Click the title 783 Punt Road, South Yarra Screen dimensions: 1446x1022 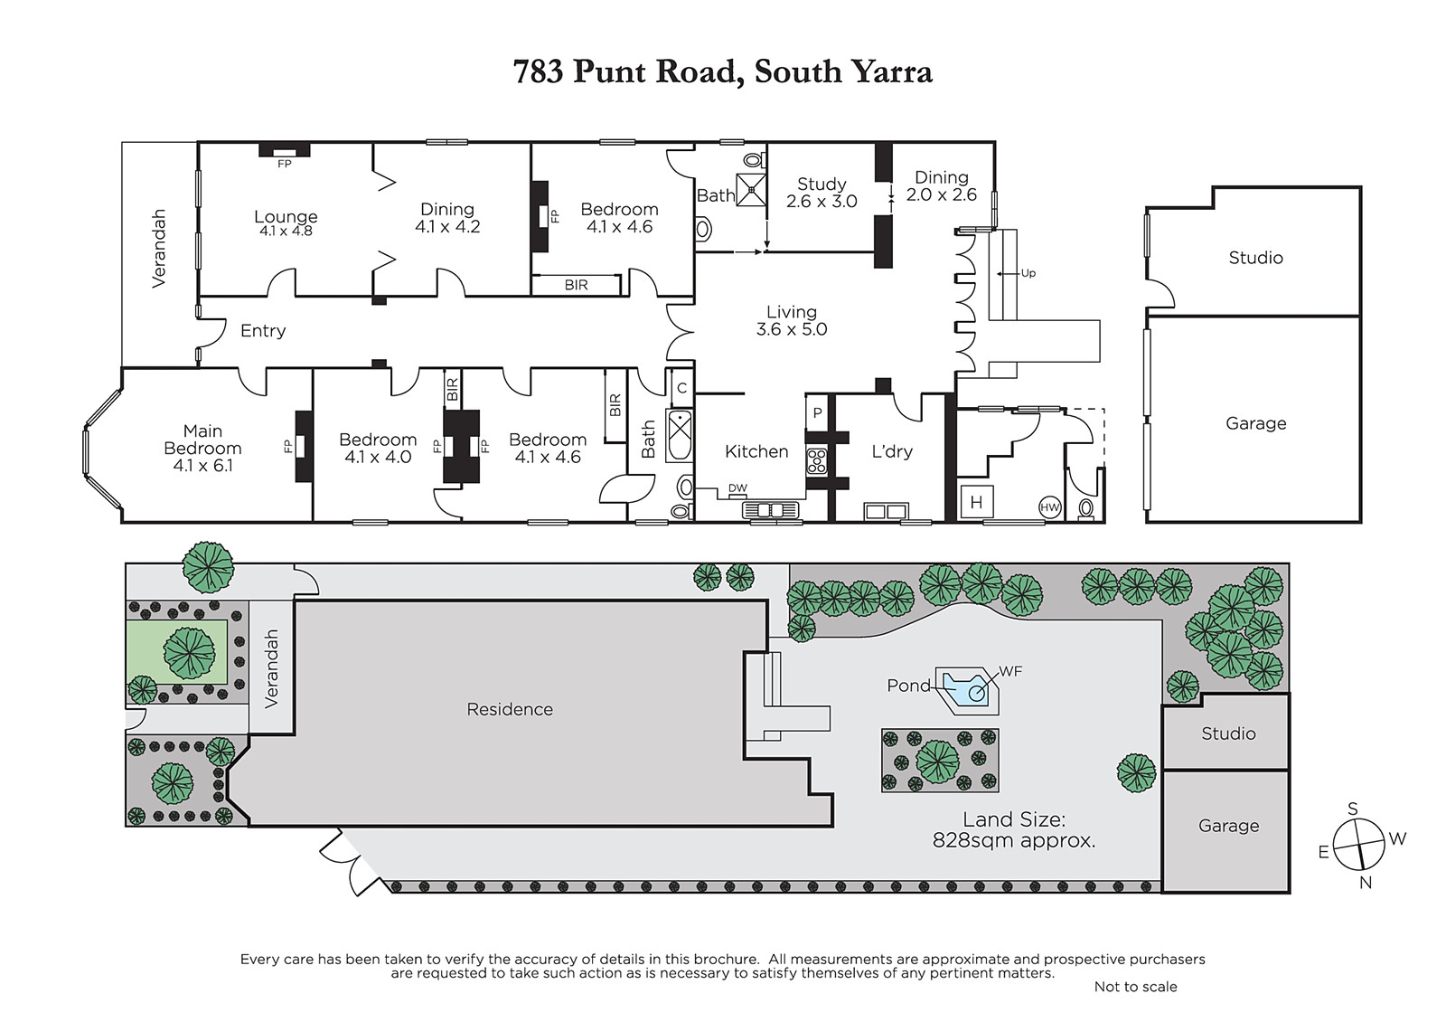[x=722, y=71]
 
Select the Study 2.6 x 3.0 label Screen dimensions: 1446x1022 [x=822, y=193]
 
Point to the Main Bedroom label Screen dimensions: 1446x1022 [x=202, y=448]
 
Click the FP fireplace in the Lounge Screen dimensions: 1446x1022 [x=284, y=150]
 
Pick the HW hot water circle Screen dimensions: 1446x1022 [x=1049, y=507]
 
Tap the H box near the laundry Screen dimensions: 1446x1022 [x=976, y=502]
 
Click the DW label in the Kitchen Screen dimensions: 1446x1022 [x=737, y=488]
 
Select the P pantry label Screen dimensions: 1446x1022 [x=817, y=412]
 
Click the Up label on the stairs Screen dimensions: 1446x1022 [x=1028, y=273]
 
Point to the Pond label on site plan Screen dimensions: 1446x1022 [x=908, y=686]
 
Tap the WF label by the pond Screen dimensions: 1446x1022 [x=1011, y=671]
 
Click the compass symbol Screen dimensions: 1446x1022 [x=1358, y=845]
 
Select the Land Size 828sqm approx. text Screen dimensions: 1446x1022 [x=1013, y=830]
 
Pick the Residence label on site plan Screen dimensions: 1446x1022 [x=510, y=709]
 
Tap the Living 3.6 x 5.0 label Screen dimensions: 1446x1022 [x=792, y=320]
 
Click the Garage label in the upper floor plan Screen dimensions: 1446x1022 [x=1255, y=423]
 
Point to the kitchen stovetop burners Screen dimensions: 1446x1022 [x=817, y=462]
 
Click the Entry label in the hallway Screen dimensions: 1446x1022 [x=263, y=331]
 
